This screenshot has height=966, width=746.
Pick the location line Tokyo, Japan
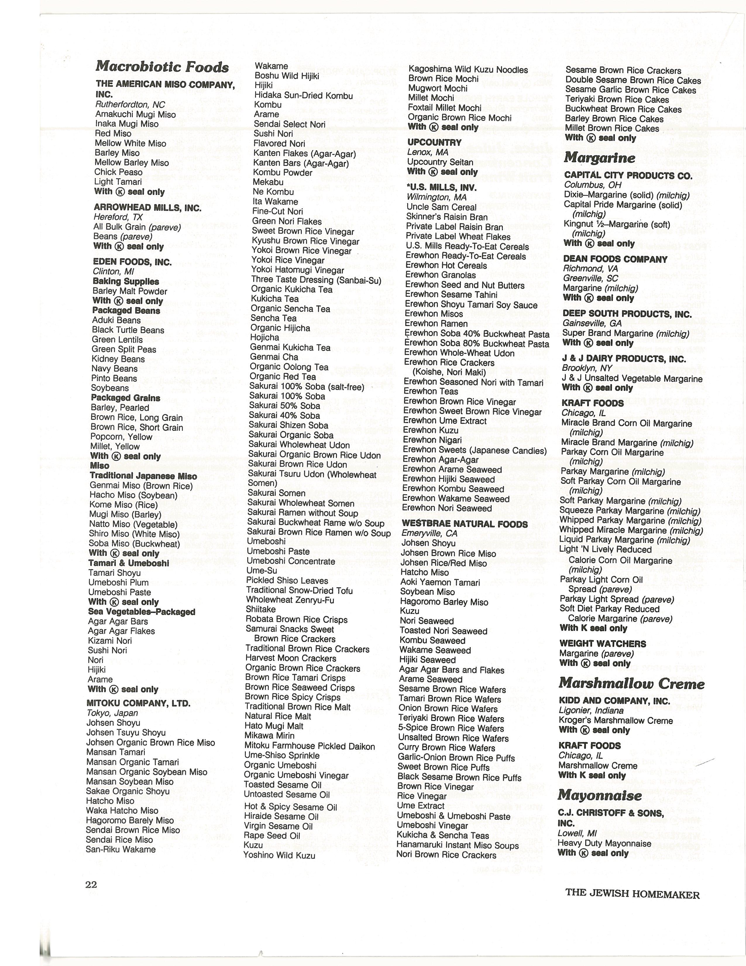tap(112, 713)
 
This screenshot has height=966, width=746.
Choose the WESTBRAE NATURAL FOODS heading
tap(465, 524)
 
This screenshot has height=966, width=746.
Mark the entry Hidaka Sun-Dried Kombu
tap(303, 95)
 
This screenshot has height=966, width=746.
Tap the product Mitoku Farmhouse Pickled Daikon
tap(309, 747)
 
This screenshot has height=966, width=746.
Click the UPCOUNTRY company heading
tap(434, 143)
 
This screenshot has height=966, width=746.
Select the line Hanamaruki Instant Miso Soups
tap(458, 845)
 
